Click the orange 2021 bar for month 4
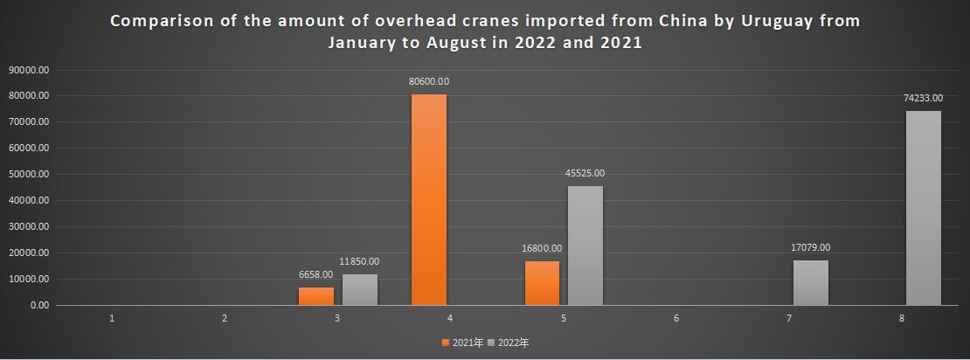428,199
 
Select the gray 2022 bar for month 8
923,208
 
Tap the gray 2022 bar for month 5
585,246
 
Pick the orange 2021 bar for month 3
316,296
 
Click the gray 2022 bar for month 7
810,282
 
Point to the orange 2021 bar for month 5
542,283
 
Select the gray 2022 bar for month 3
359,290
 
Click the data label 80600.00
428,81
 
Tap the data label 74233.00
923,99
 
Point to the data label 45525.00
585,173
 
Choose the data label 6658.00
316,274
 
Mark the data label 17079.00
810,247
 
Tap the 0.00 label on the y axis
39,306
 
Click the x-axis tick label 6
676,319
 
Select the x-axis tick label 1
112,319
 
